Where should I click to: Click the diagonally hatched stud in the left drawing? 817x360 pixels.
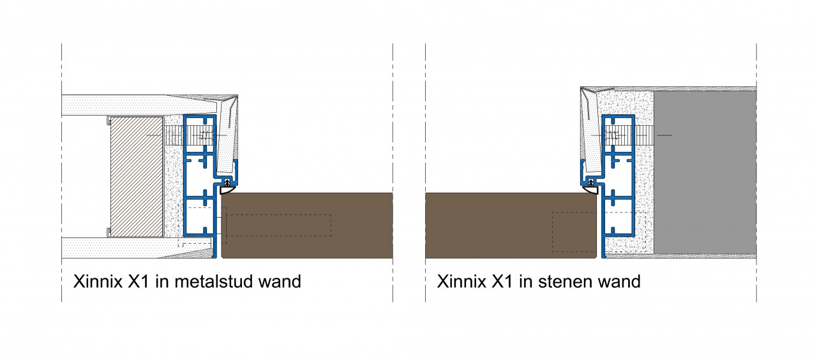click(136, 174)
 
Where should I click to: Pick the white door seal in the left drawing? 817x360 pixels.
click(227, 189)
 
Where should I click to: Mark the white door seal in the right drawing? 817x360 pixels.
click(591, 186)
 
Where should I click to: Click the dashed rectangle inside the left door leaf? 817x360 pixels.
click(279, 225)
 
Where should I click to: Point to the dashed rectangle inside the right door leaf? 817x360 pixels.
click(574, 232)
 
